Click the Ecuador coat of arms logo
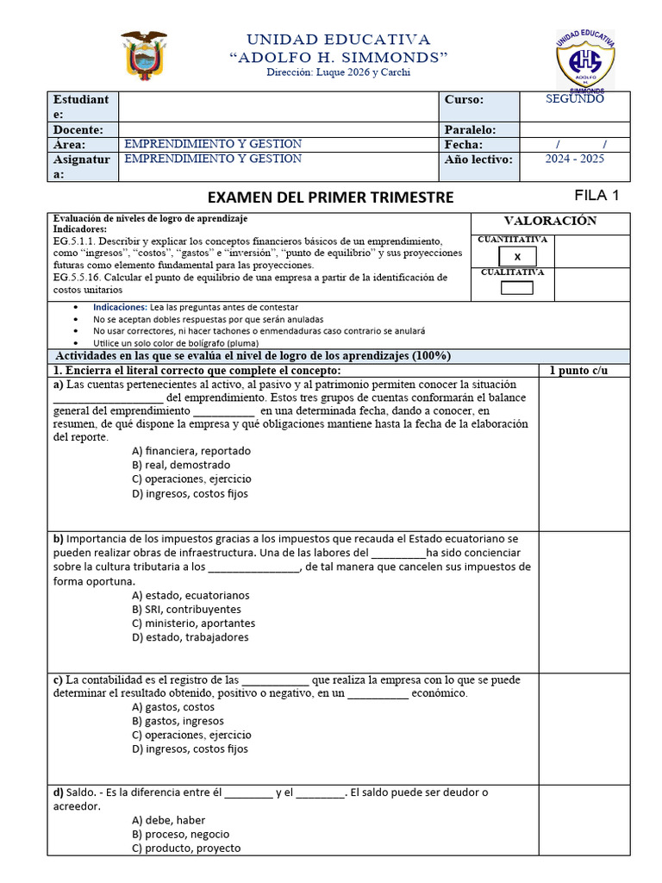tap(143, 56)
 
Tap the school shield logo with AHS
tap(585, 60)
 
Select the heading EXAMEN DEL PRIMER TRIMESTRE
tap(331, 197)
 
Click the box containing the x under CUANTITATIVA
tap(517, 256)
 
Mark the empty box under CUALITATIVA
tap(517, 288)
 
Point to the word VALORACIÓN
tap(550, 221)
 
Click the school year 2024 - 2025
tap(575, 160)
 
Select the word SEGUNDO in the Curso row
tap(575, 99)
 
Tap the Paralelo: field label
tap(471, 129)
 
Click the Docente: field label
tap(79, 129)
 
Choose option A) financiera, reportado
tap(191, 451)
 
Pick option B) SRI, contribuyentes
tap(186, 609)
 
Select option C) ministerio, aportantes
tap(193, 623)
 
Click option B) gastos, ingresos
tap(178, 721)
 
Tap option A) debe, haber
tap(169, 820)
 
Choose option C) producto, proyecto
tap(186, 848)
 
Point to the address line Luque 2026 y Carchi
tap(338, 72)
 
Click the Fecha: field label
tap(464, 145)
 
